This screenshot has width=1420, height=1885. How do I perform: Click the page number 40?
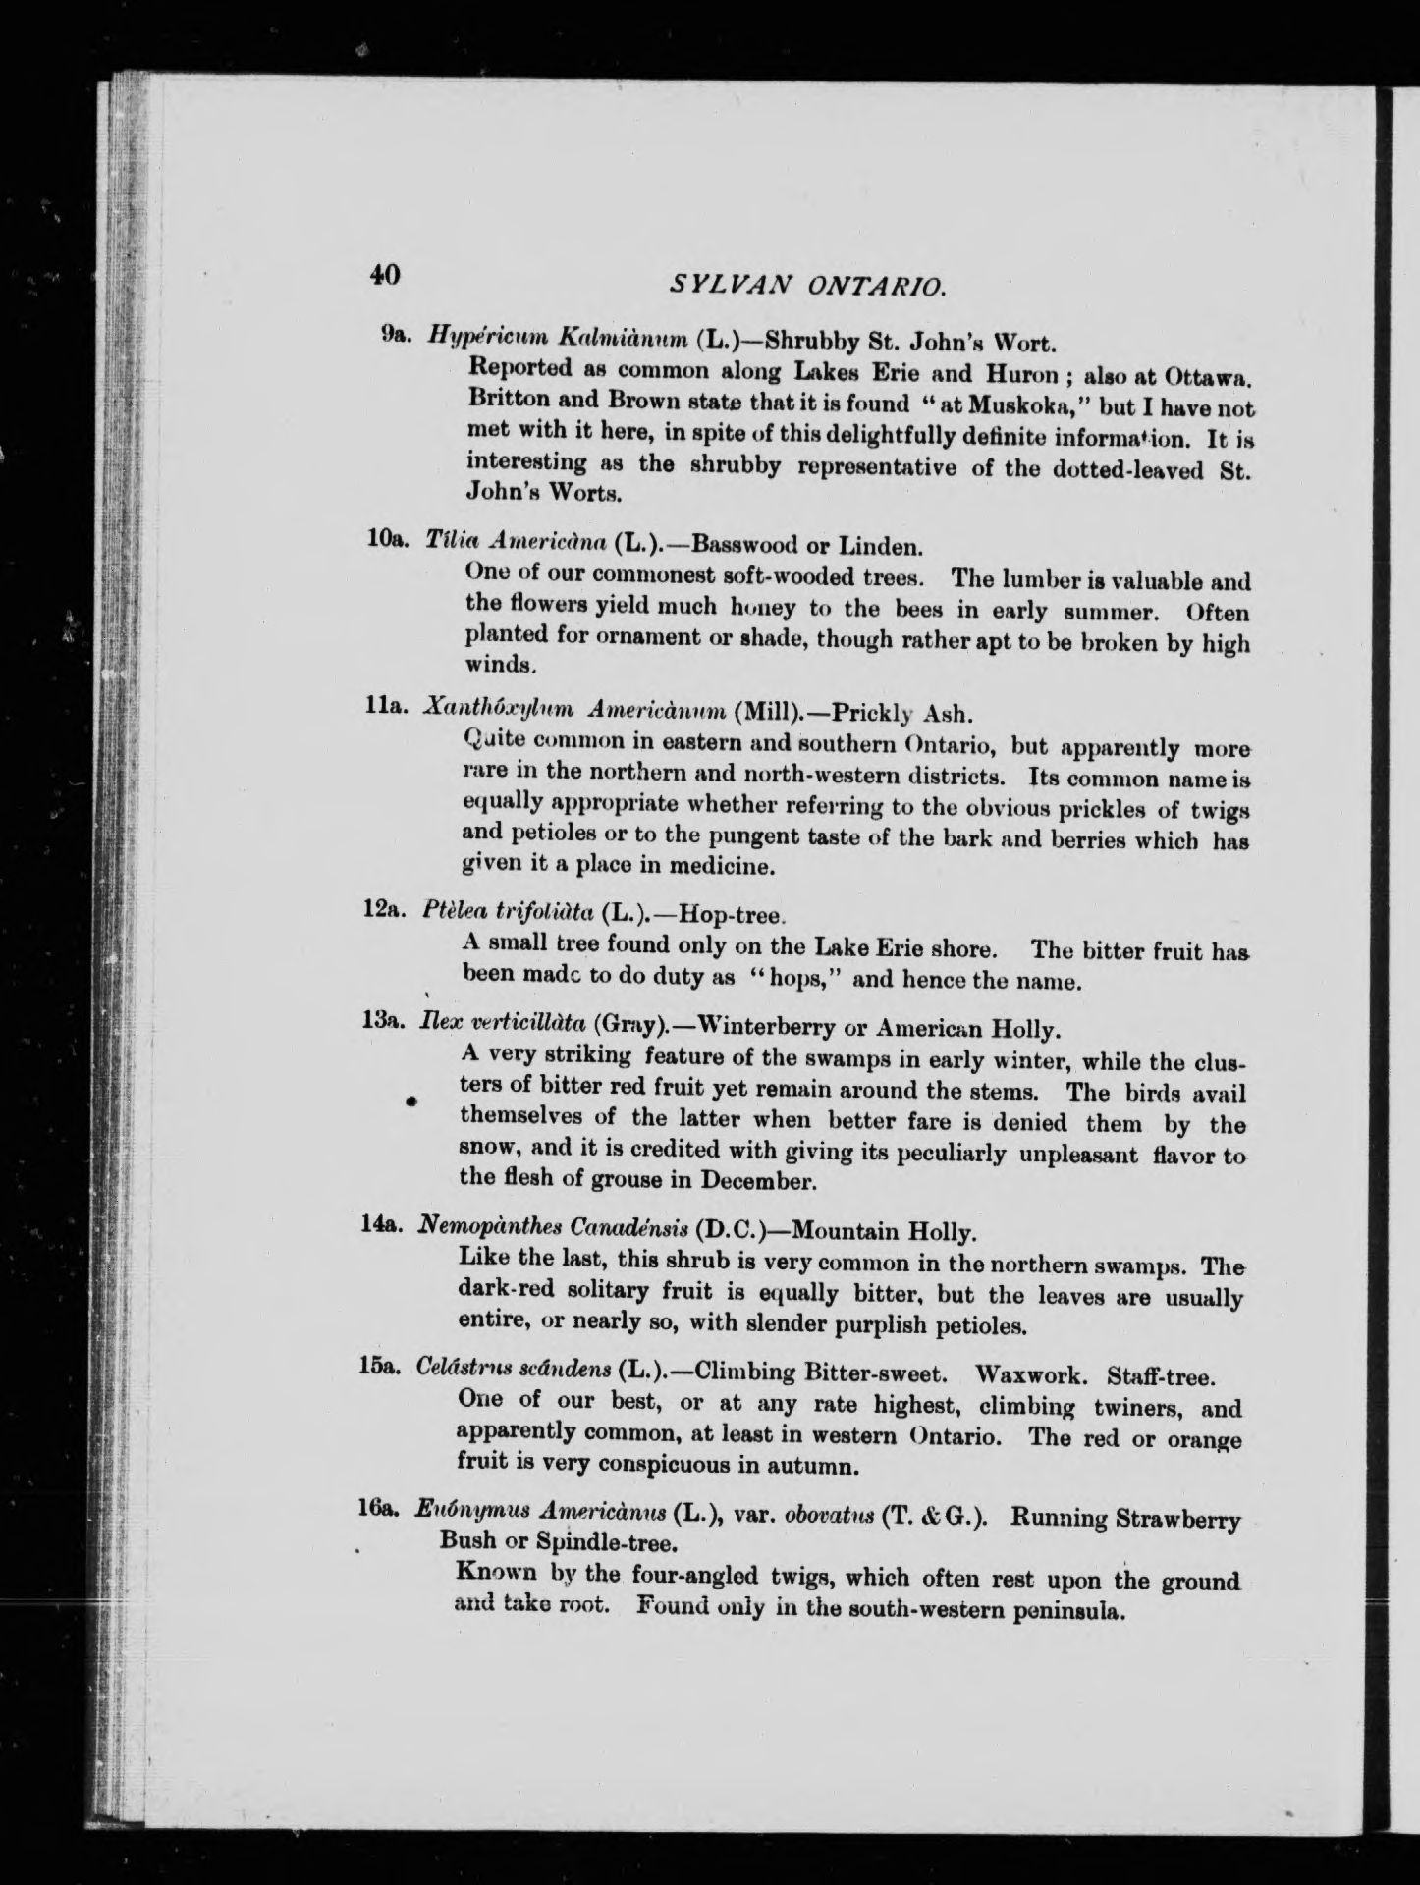tap(385, 274)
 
